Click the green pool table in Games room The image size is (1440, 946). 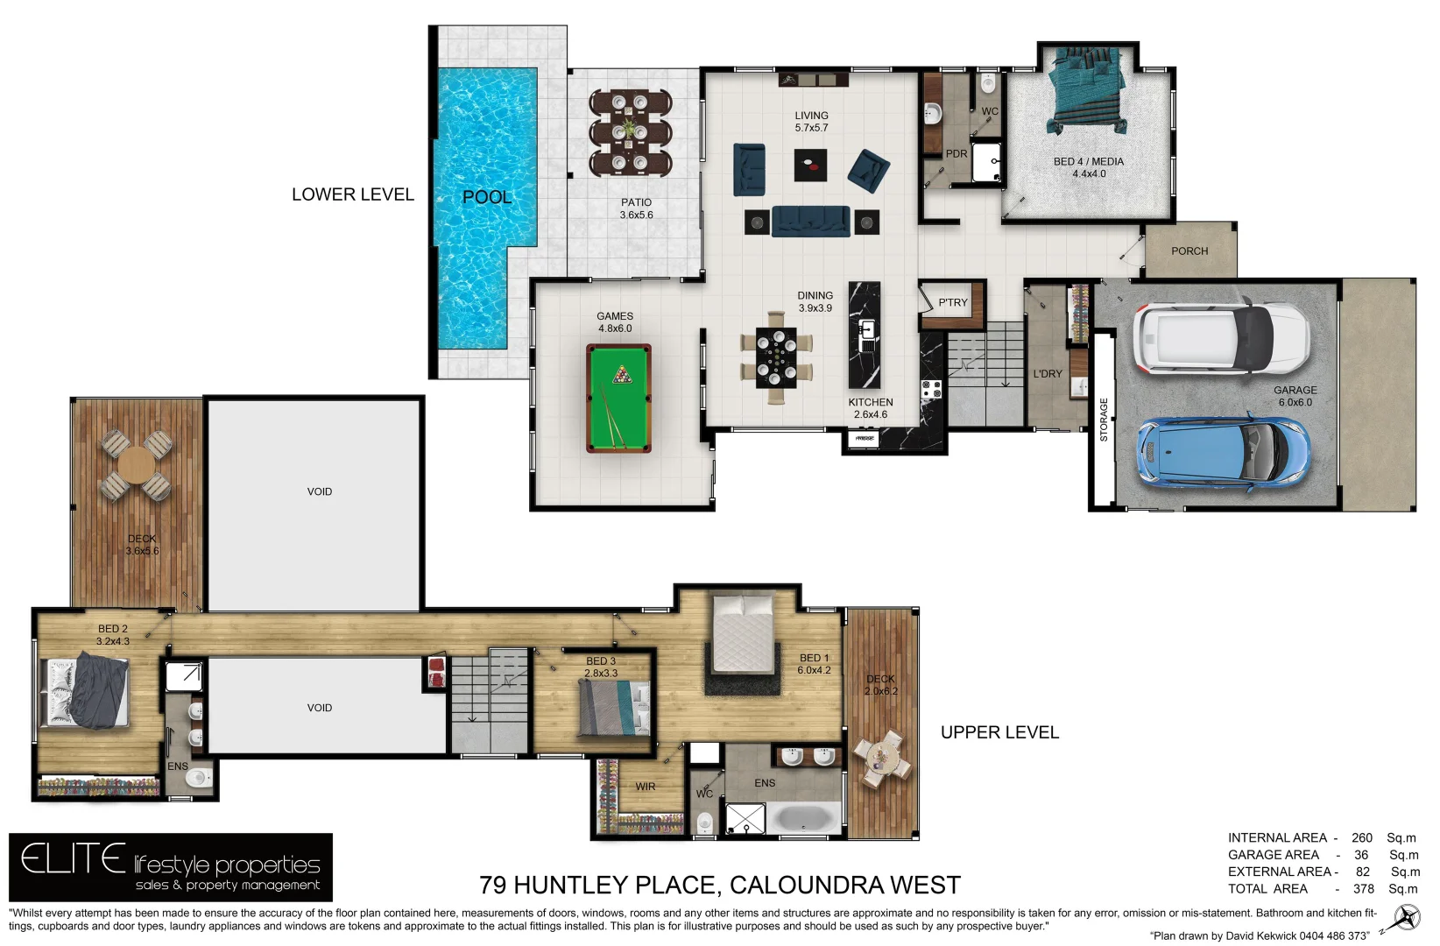click(618, 398)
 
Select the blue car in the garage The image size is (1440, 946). click(1224, 450)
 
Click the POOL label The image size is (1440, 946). click(487, 197)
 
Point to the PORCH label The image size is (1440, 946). click(1189, 251)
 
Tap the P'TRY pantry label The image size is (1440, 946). click(953, 303)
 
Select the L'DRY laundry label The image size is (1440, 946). click(1047, 374)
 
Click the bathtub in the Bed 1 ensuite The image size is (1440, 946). click(803, 819)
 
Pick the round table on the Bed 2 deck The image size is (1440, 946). click(136, 465)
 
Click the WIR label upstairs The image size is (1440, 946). click(646, 787)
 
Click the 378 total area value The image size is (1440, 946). click(1363, 889)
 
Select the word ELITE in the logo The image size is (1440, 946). click(74, 859)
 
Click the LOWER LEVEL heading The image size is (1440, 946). click(352, 194)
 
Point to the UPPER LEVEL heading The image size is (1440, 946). click(999, 732)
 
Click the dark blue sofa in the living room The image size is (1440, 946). click(810, 222)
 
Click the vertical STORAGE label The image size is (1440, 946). click(1104, 420)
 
